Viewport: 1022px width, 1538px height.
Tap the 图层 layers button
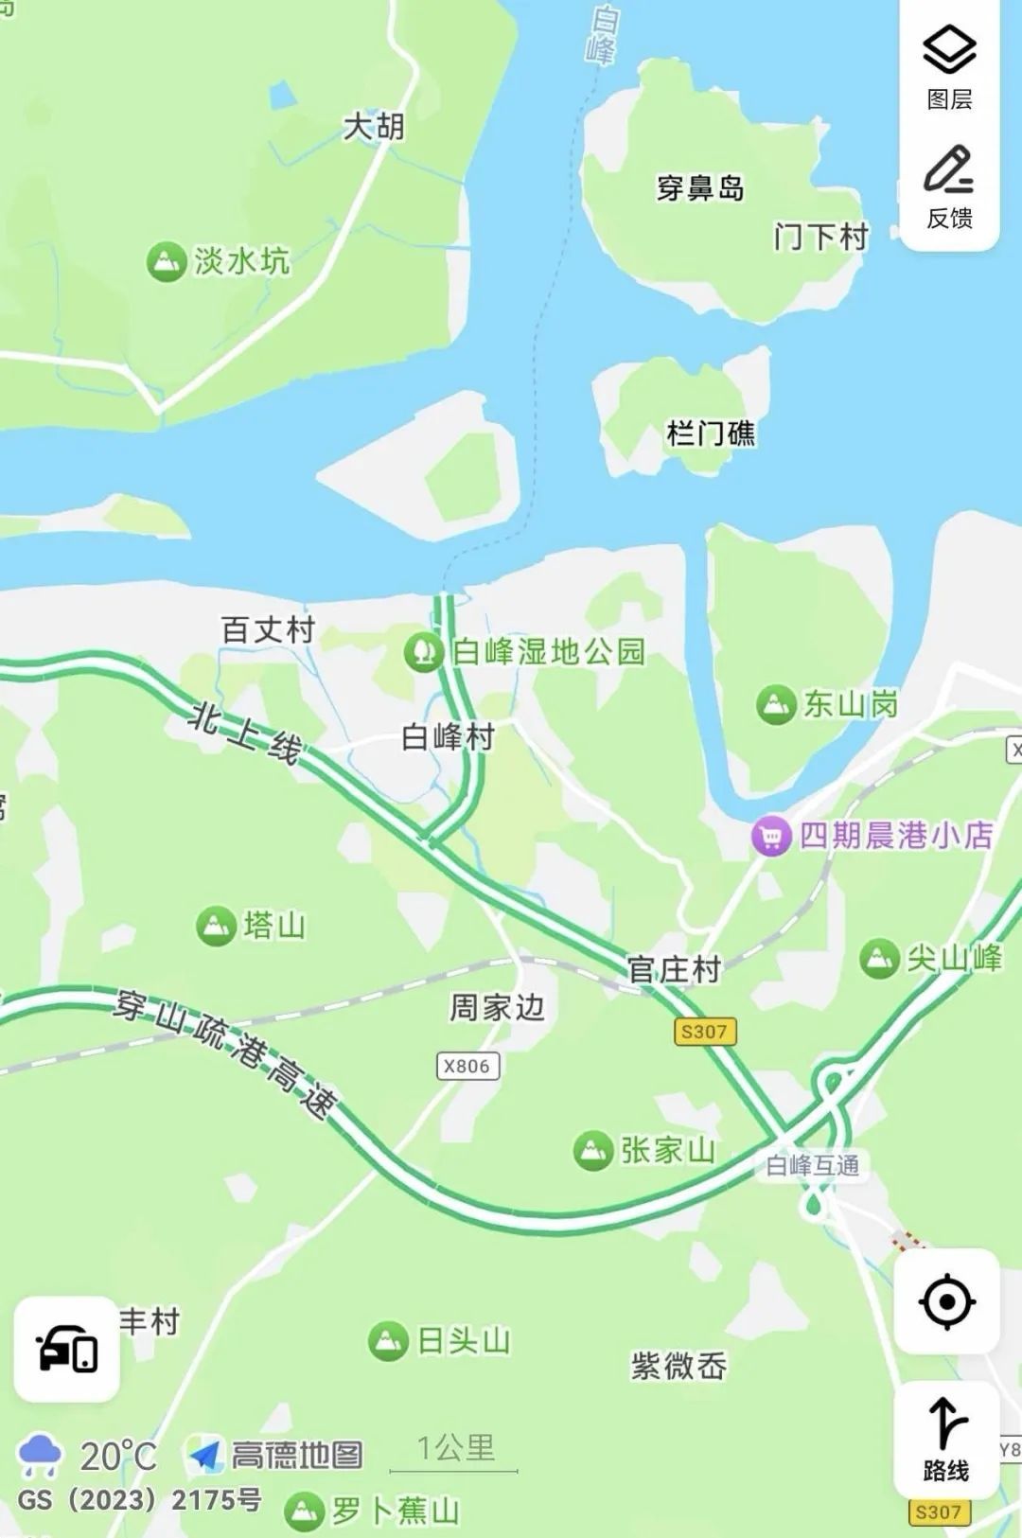point(949,66)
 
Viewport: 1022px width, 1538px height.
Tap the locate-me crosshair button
point(947,1301)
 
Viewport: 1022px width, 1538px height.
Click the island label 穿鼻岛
point(700,188)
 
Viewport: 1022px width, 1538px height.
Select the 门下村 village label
point(820,236)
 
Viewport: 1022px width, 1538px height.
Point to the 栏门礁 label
point(712,433)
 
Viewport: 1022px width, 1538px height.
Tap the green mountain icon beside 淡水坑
point(166,261)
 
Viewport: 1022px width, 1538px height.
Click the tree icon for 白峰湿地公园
point(423,652)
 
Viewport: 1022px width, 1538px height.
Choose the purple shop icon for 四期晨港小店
point(771,837)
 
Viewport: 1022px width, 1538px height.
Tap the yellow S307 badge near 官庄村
point(704,1032)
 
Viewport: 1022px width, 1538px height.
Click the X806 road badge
point(467,1066)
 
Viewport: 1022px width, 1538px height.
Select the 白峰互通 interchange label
point(812,1165)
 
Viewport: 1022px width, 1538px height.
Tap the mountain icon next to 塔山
point(216,926)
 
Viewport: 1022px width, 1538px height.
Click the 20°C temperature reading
point(117,1456)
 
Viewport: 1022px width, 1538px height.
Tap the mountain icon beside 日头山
point(388,1341)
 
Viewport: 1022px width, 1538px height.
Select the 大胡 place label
point(374,126)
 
